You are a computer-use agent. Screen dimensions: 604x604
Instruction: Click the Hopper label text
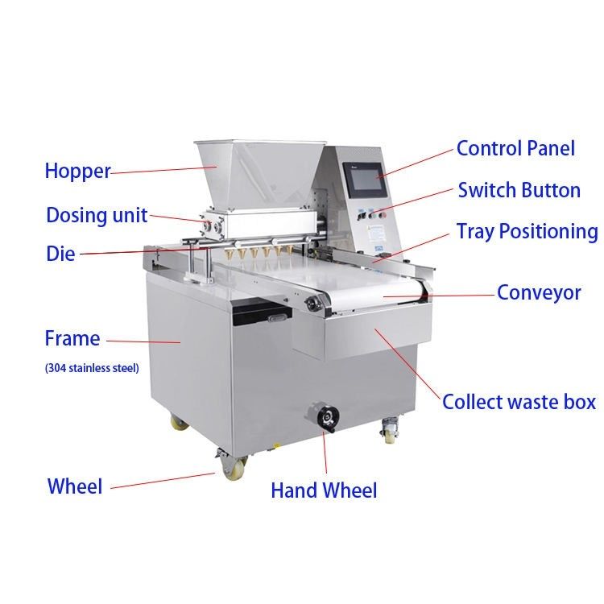[x=78, y=171]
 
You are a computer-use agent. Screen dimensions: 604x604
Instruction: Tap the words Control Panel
[x=515, y=148]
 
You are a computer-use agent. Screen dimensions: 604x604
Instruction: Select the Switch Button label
[x=519, y=190]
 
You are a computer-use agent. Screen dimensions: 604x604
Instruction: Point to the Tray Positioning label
[x=527, y=232]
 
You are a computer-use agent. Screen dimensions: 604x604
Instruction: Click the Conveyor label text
[x=539, y=293]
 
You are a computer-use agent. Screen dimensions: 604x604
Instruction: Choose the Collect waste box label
[x=519, y=402]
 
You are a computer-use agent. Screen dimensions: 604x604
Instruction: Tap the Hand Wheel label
[x=324, y=490]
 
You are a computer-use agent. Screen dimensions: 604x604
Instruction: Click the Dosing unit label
[x=97, y=215]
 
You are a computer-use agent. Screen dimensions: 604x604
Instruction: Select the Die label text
[x=60, y=254]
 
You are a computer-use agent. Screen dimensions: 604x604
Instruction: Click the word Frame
[x=72, y=338]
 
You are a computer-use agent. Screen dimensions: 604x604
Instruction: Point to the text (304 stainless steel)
[x=92, y=368]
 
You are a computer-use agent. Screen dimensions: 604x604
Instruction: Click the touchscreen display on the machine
[x=364, y=178]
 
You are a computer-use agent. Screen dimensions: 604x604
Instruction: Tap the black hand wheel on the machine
[x=328, y=416]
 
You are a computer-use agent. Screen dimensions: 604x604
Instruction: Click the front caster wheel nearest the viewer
[x=234, y=469]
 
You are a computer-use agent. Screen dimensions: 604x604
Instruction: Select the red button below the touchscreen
[x=383, y=214]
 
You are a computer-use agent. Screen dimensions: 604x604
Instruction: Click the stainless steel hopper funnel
[x=259, y=172]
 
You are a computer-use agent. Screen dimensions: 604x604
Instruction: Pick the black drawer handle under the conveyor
[x=279, y=318]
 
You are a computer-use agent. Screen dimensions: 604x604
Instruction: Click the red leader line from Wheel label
[x=163, y=481]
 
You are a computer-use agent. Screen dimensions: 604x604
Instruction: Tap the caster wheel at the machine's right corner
[x=390, y=431]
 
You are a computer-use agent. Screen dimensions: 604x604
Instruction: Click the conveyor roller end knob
[x=311, y=304]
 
